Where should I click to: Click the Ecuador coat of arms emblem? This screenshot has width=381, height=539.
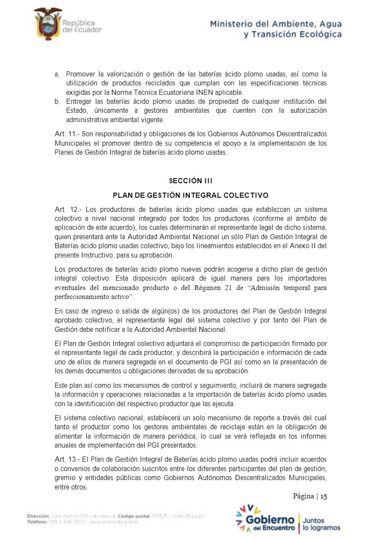[x=47, y=24]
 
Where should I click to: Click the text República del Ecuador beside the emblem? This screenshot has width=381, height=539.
[x=82, y=26]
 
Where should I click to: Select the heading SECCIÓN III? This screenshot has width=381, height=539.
[x=190, y=181]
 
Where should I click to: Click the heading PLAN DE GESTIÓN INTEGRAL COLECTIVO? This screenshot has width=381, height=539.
[x=190, y=196]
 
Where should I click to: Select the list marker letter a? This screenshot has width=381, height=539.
[x=57, y=74]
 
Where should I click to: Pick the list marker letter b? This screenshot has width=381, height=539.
[x=57, y=101]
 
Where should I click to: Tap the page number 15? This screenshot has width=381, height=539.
[x=323, y=496]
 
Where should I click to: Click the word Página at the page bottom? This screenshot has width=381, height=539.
[x=303, y=496]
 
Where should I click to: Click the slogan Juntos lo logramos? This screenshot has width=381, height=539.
[x=321, y=524]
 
